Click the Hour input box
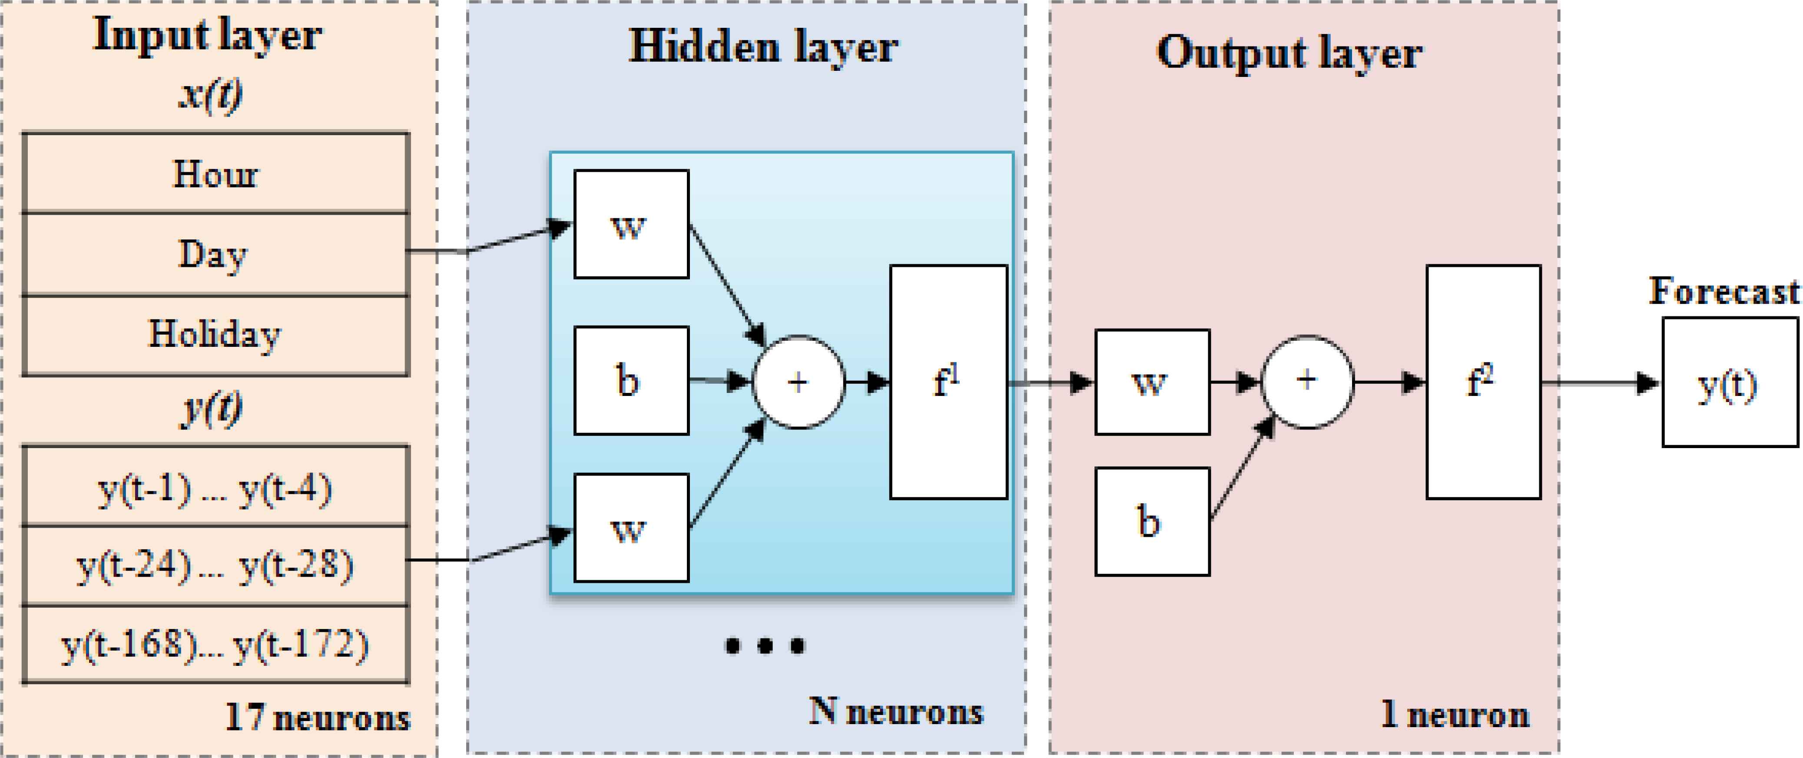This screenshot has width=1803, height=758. tap(215, 173)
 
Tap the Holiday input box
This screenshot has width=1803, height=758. tap(215, 335)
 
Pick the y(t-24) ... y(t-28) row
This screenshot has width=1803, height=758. tap(215, 565)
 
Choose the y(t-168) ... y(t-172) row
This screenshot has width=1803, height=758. tap(215, 645)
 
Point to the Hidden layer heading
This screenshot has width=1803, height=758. tap(763, 48)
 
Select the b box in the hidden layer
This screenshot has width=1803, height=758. tap(631, 381)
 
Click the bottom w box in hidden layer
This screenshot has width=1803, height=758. tap(631, 528)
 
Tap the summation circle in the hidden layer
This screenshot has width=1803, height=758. tap(799, 382)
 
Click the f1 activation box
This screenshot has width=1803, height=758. tap(948, 382)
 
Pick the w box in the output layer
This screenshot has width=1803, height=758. tap(1152, 382)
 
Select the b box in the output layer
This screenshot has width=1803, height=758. tap(1152, 522)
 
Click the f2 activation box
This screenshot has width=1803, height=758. tap(1483, 382)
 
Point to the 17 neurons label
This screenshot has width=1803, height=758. tap(317, 718)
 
